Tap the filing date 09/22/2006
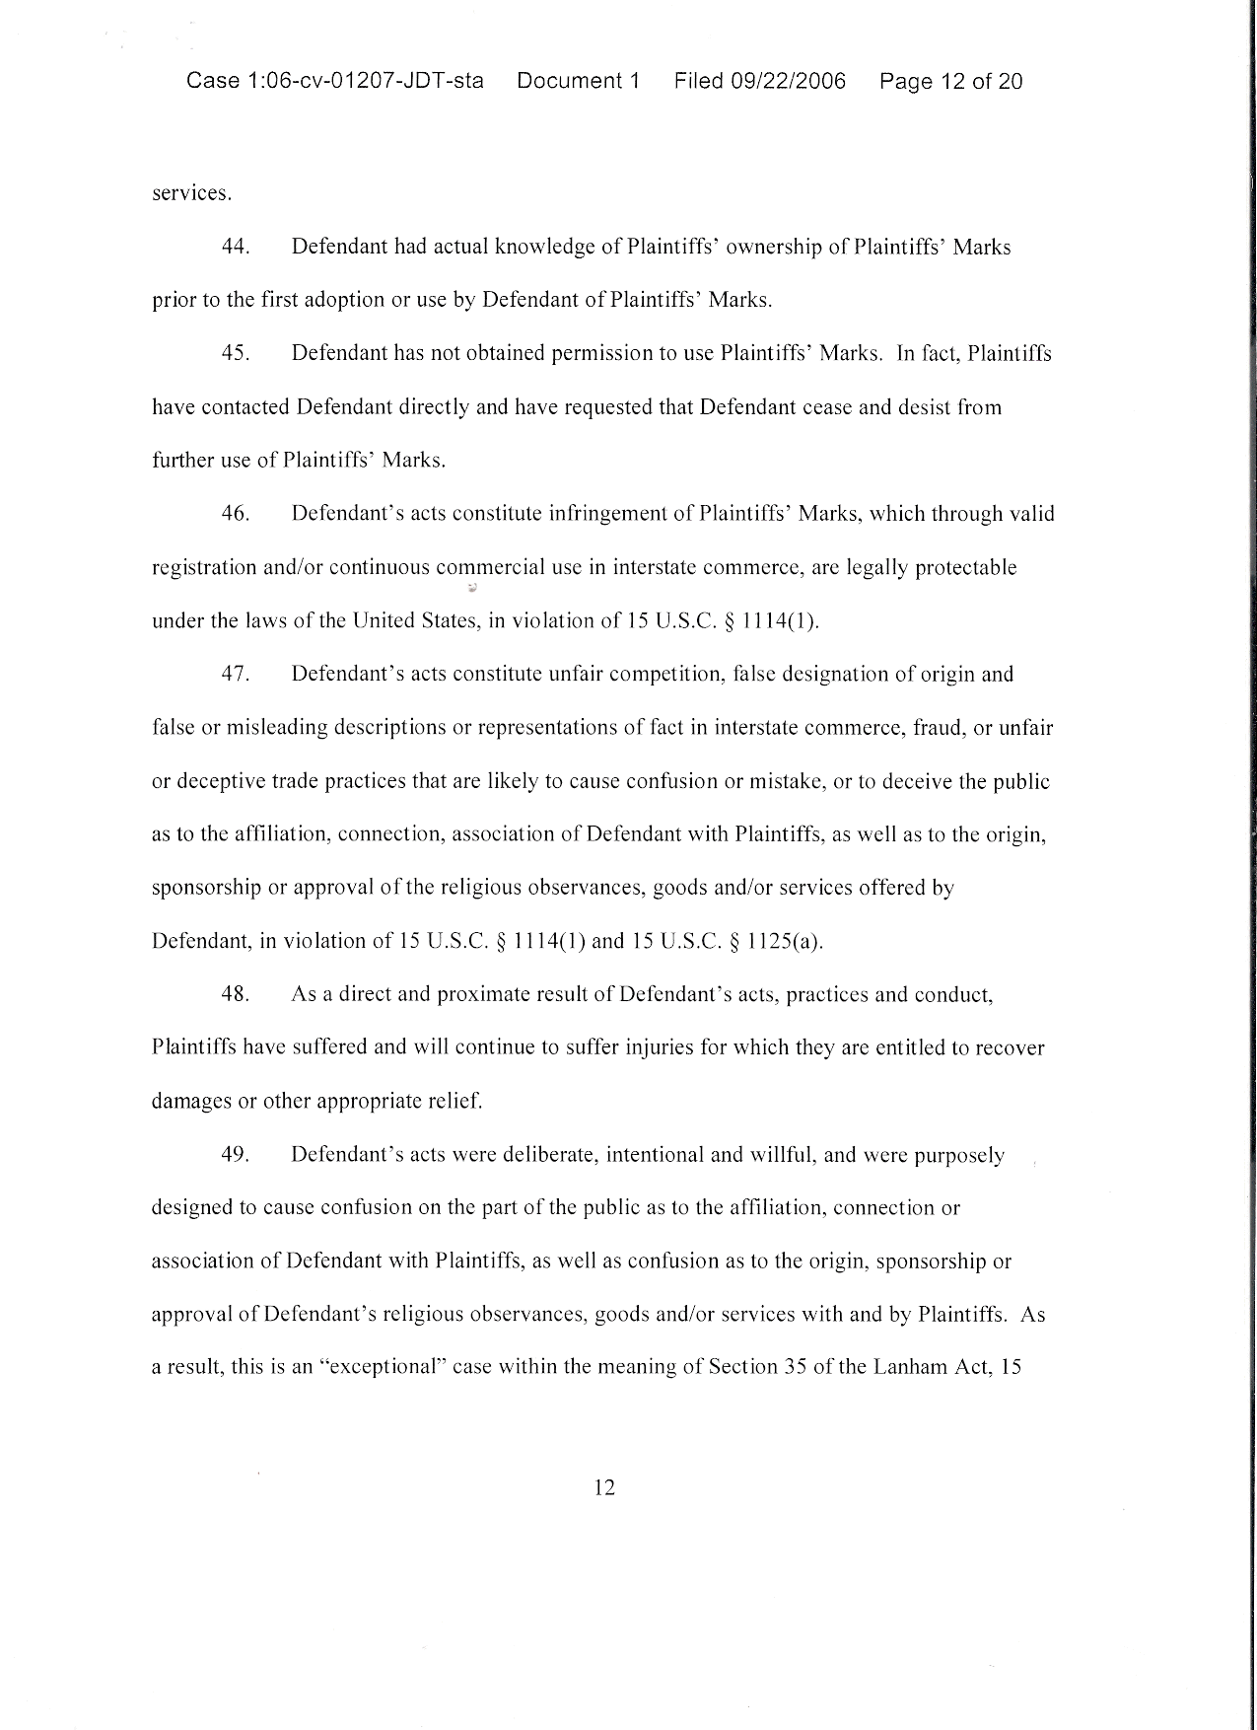788,81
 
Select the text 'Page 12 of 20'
950,81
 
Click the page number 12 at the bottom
604,1487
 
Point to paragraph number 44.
235,247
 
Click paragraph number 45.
235,353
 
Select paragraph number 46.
235,514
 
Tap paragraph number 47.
235,675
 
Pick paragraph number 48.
235,994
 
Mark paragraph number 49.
235,1155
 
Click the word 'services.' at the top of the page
191,193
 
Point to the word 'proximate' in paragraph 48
466,994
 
